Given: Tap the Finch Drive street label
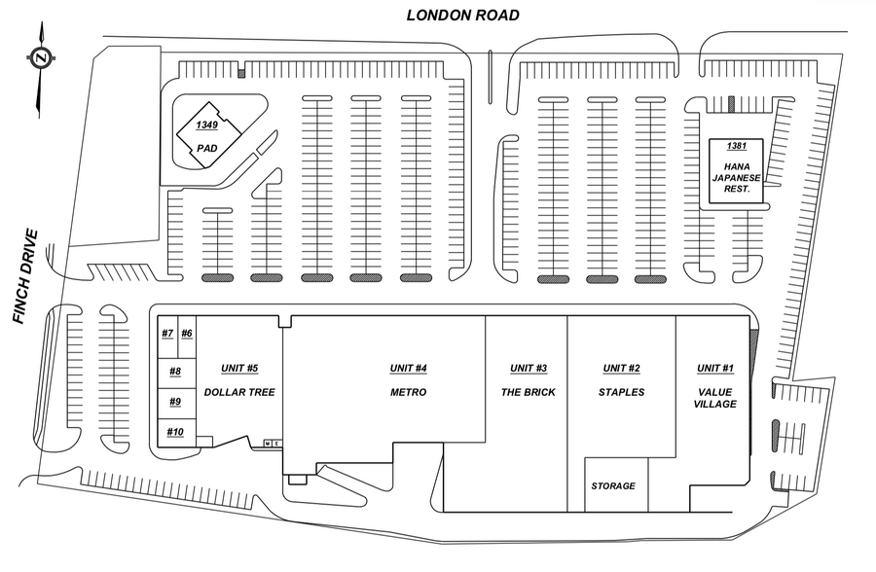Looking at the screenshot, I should pyautogui.click(x=25, y=276).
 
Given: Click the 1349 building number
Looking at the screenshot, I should pyautogui.click(x=206, y=125).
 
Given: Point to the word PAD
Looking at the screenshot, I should pyautogui.click(x=206, y=149).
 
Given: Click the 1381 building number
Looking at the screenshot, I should pyautogui.click(x=736, y=146).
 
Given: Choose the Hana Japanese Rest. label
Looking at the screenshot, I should pyautogui.click(x=736, y=176).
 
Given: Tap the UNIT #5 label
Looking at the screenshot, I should pyautogui.click(x=239, y=368).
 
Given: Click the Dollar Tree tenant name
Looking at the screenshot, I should pyautogui.click(x=239, y=392).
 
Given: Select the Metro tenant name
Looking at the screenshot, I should pyautogui.click(x=409, y=392).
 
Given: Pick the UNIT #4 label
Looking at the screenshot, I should pyautogui.click(x=409, y=368).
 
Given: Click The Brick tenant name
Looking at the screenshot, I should pyautogui.click(x=529, y=392).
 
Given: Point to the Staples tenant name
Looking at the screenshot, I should pyautogui.click(x=621, y=392).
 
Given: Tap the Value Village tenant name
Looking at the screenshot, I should pyautogui.click(x=715, y=398).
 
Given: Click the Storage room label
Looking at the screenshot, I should pyautogui.click(x=613, y=485).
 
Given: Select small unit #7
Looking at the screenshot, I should pyautogui.click(x=167, y=334).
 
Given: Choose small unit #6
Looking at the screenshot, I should pyautogui.click(x=187, y=334).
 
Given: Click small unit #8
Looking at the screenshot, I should pyautogui.click(x=175, y=371).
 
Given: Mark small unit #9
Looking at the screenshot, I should pyautogui.click(x=175, y=401).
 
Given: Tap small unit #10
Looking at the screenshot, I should pyautogui.click(x=175, y=431).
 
